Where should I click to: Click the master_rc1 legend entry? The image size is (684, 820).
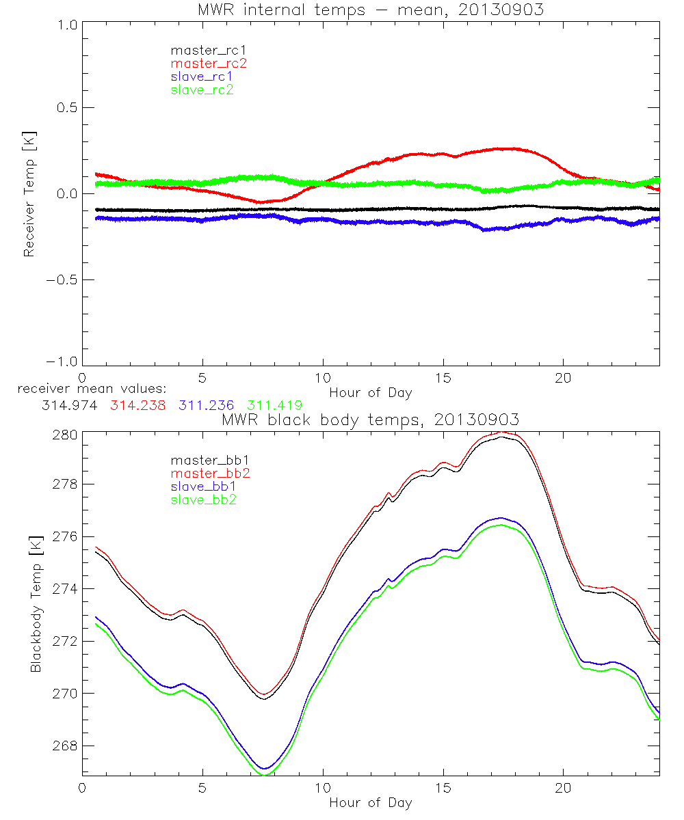pos(202,50)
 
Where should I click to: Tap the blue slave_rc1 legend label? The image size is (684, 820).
pos(202,76)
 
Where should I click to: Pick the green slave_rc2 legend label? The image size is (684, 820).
pos(202,89)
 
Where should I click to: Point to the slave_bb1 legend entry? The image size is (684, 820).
pos(202,486)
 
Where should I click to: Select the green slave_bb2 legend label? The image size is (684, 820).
pos(202,500)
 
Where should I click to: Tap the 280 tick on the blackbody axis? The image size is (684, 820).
pos(66,434)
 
